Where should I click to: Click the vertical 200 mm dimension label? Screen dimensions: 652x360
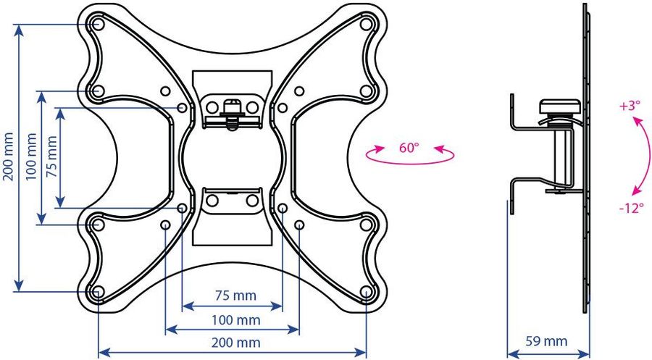[x=9, y=156]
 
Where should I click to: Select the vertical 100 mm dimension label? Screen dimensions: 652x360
[x=32, y=156]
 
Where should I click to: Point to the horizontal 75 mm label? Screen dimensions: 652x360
[x=235, y=296]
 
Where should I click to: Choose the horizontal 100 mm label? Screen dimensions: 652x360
[x=235, y=320]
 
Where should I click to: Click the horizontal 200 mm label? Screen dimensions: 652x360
[x=235, y=343]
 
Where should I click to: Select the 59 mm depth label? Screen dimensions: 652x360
[x=546, y=341]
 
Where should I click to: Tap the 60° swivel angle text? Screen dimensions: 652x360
[x=409, y=148]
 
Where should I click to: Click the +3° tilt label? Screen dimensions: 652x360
[x=630, y=106]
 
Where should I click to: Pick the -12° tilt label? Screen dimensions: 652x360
[x=631, y=208]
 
